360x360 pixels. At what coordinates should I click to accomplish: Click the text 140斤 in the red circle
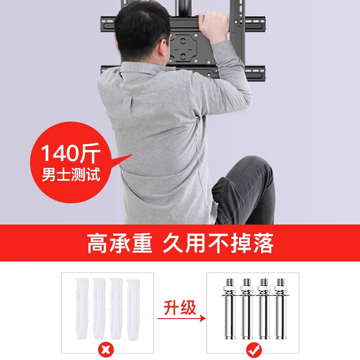click(70, 154)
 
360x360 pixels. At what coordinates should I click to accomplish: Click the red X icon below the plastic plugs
click(104, 349)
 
